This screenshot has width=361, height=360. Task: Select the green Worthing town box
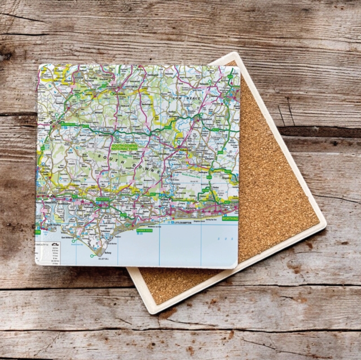coord(230,217)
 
